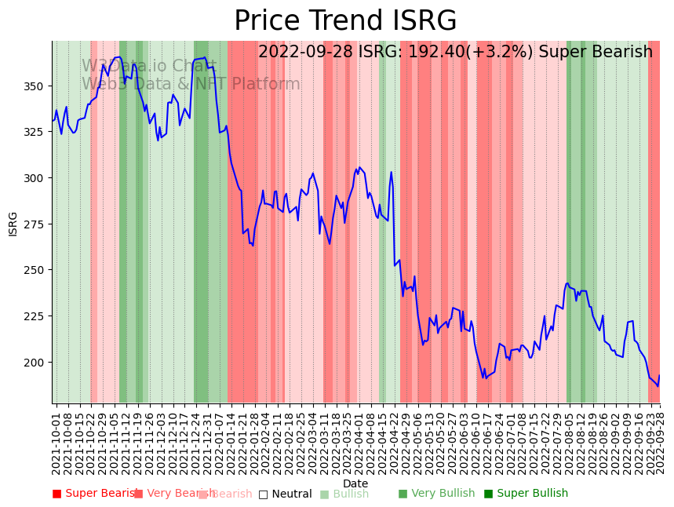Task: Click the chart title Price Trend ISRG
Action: point(345,21)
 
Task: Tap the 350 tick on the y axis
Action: point(38,86)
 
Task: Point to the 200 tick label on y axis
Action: point(38,362)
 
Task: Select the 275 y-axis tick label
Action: point(38,224)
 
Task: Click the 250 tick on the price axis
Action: point(38,270)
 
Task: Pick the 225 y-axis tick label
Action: point(38,316)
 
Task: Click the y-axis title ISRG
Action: point(13,224)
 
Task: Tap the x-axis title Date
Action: point(355,483)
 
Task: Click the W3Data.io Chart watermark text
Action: point(149,66)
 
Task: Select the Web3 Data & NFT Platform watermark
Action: point(191,84)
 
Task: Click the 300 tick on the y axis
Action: point(38,178)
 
